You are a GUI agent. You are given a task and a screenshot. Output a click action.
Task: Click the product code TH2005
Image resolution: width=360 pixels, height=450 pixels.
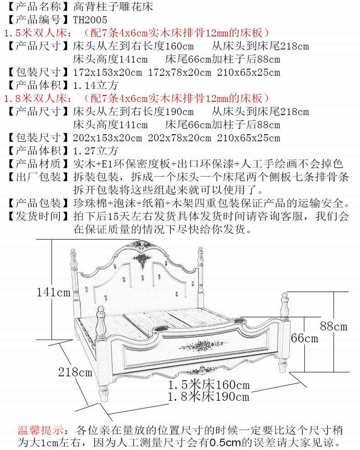(x=90, y=20)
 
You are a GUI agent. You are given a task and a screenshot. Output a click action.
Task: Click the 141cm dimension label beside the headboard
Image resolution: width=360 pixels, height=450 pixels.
(x=53, y=293)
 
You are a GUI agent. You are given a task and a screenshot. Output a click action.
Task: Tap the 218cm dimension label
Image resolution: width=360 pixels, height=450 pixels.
(x=75, y=372)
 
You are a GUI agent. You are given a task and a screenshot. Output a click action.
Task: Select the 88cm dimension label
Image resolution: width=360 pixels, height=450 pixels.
(x=334, y=326)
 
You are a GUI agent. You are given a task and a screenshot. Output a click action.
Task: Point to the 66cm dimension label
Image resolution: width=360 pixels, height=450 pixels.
(x=304, y=338)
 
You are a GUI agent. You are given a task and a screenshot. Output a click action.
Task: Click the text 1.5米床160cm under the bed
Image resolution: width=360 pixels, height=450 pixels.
(x=209, y=385)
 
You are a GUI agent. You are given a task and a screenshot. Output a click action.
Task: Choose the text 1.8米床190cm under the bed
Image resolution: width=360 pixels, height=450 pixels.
(x=209, y=397)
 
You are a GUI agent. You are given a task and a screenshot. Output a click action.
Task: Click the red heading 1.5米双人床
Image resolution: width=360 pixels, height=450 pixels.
(x=37, y=33)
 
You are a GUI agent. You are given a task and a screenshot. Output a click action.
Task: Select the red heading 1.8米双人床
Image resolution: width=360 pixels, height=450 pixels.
(x=37, y=99)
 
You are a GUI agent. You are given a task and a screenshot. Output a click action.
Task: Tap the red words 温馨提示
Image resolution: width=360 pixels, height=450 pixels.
(x=41, y=430)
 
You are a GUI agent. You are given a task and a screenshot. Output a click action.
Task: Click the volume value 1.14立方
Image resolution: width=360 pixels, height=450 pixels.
(x=95, y=85)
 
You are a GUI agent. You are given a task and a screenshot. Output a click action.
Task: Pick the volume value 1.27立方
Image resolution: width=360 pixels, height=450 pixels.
(x=95, y=151)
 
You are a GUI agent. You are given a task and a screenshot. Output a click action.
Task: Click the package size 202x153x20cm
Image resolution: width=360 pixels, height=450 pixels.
(x=107, y=138)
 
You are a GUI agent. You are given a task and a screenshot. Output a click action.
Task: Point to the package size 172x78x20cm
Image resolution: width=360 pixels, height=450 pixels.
(x=180, y=72)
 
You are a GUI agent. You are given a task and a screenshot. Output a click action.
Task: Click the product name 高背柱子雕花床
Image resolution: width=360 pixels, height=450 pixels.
(x=113, y=6)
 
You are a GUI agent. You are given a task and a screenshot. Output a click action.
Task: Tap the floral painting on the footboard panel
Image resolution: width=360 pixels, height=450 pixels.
(x=203, y=345)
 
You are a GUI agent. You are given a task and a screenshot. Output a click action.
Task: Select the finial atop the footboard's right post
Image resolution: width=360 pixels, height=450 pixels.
(x=284, y=306)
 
